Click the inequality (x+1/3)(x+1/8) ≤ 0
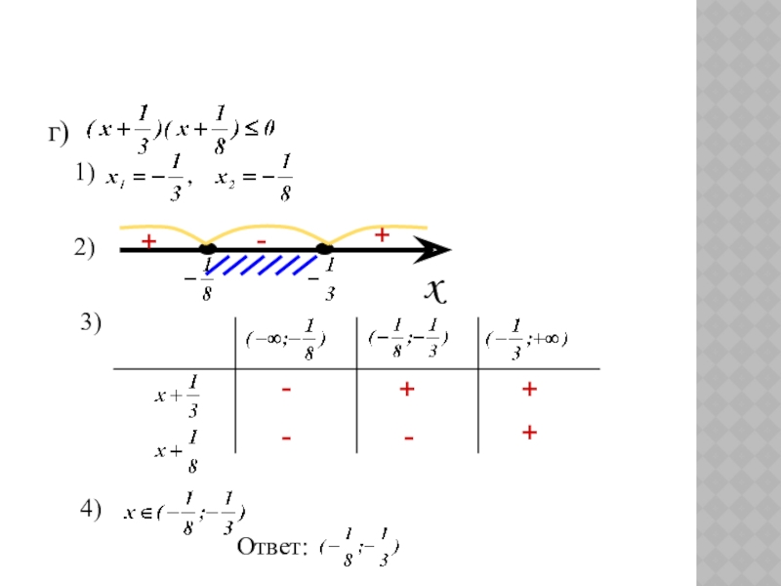182,131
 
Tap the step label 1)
84,173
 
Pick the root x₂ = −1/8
259,179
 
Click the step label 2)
84,250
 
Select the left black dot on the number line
207,249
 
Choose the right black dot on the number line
325,249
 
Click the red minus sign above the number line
261,238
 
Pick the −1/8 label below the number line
199,276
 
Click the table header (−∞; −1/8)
287,341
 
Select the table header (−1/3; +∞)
528,340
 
